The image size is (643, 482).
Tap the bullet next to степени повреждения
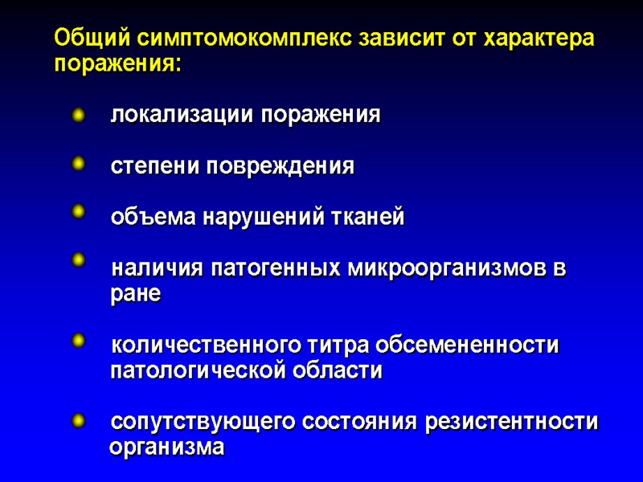pos(78,165)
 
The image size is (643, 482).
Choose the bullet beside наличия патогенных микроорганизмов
pos(78,260)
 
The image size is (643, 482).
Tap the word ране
pos(135,294)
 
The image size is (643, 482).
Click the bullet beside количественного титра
pos(78,341)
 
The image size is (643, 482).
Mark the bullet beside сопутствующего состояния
pos(78,419)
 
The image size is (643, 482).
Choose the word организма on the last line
pos(166,447)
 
